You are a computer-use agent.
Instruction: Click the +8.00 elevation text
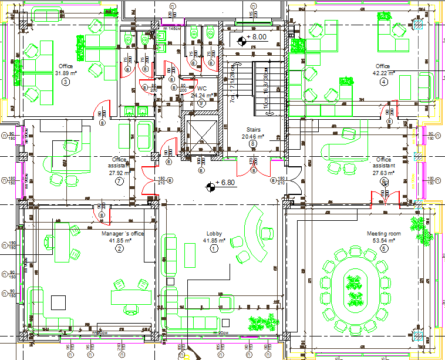(x=257, y=36)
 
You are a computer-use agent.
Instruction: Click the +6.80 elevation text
(x=225, y=183)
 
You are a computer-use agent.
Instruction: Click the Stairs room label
(x=253, y=129)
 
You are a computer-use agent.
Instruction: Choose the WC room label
(x=202, y=88)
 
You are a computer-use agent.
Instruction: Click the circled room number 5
(x=384, y=248)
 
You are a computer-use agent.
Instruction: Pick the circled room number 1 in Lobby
(x=214, y=248)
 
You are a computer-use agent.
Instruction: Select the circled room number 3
(x=65, y=82)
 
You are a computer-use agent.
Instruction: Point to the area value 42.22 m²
(x=384, y=73)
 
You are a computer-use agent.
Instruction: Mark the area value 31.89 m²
(x=65, y=73)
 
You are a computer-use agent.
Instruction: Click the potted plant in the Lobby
(x=262, y=322)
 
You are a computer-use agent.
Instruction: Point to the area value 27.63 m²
(x=384, y=173)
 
